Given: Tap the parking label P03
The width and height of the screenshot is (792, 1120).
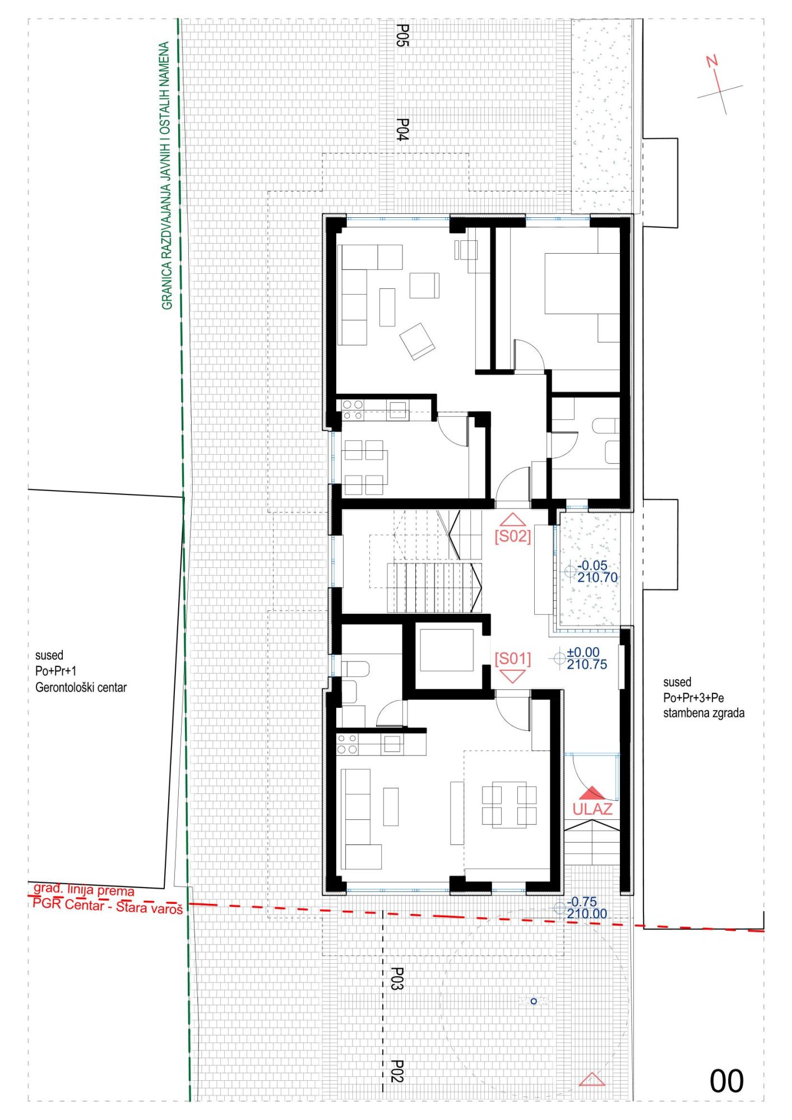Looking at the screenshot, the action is pyautogui.click(x=397, y=978).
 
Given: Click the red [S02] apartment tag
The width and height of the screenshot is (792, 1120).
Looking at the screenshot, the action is pyautogui.click(x=512, y=536).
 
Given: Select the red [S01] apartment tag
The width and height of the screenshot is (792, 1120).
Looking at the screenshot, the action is pyautogui.click(x=512, y=658).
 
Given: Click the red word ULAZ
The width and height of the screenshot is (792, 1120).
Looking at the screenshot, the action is pyautogui.click(x=592, y=809).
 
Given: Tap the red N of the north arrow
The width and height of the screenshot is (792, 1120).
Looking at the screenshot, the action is pyautogui.click(x=712, y=60).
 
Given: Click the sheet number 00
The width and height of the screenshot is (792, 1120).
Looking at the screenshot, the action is pyautogui.click(x=726, y=1081).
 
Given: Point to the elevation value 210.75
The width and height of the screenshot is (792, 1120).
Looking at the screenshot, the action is pyautogui.click(x=587, y=665).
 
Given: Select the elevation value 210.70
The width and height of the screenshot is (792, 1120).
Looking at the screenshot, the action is pyautogui.click(x=598, y=577).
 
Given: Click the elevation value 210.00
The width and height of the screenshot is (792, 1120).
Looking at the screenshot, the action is pyautogui.click(x=587, y=914).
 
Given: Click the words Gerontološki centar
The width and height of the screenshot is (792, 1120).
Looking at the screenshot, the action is pyautogui.click(x=81, y=688).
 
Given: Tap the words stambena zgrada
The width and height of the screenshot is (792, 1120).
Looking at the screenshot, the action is pyautogui.click(x=704, y=713).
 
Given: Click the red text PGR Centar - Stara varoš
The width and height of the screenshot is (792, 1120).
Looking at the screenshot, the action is pyautogui.click(x=108, y=906).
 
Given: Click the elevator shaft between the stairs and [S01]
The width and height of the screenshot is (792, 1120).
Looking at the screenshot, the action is pyautogui.click(x=447, y=650).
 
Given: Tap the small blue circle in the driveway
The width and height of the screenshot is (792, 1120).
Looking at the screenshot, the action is pyautogui.click(x=534, y=1001).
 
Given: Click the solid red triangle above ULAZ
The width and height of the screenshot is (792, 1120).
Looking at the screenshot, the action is pyautogui.click(x=592, y=794).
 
